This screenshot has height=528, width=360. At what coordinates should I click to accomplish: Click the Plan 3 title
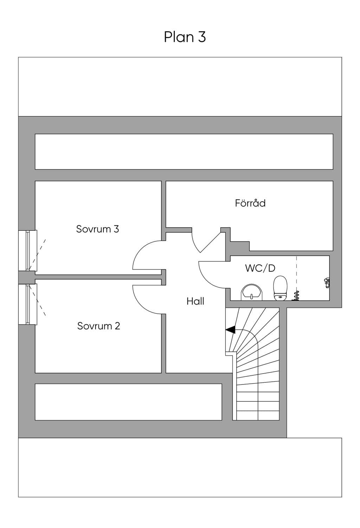click(185, 37)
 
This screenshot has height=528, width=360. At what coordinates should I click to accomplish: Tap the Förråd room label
click(250, 203)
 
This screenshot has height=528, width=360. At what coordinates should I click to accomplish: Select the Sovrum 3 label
click(97, 229)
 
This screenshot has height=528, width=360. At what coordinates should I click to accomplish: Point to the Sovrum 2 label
click(98, 326)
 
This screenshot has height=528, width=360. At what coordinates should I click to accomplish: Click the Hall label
click(195, 301)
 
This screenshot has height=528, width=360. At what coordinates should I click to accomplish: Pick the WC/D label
click(260, 268)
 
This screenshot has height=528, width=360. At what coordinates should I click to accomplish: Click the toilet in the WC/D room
click(280, 288)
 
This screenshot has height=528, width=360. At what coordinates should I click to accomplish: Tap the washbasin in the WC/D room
click(251, 292)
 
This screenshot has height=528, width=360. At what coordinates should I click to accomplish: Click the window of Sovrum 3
click(28, 250)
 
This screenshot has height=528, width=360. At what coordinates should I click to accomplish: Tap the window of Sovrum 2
click(28, 304)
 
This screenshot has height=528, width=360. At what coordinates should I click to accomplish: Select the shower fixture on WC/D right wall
click(327, 282)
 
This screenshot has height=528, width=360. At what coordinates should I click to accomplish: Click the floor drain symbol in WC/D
click(295, 296)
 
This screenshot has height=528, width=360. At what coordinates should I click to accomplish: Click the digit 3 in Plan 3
click(202, 37)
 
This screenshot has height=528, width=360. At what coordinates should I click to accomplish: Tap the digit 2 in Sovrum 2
click(117, 326)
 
